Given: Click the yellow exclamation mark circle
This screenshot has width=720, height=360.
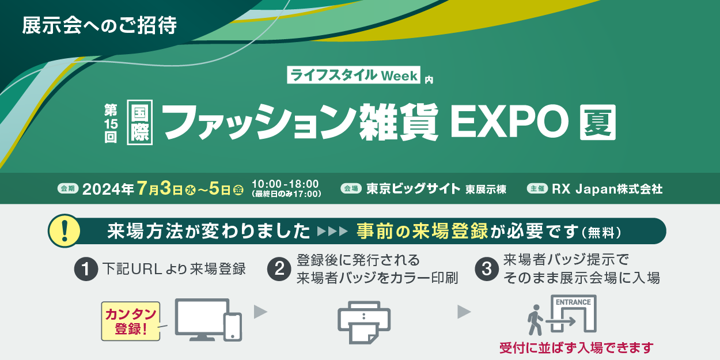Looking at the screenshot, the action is (65, 231).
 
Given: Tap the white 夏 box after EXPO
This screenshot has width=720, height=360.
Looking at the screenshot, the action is (597, 123).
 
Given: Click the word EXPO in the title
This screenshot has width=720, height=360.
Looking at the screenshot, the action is (509, 123).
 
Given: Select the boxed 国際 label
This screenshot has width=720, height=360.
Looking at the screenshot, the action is (140, 123).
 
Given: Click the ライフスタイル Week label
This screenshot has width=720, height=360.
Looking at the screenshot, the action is (354, 75).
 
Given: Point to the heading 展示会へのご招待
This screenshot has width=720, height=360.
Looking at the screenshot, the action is (99, 25).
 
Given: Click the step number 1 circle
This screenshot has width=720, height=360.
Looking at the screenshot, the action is (86, 269).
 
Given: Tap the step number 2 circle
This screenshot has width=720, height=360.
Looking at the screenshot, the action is (279, 269).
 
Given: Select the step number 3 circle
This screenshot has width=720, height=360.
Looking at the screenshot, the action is (487, 269).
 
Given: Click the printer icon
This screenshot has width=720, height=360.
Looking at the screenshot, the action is (364, 323).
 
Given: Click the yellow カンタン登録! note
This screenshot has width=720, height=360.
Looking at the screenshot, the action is (131, 321).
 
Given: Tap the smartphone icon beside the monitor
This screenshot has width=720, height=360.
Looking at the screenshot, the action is (233, 327).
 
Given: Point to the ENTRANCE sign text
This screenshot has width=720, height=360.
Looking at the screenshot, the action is (573, 302).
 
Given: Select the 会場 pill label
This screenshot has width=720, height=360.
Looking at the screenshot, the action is (351, 188).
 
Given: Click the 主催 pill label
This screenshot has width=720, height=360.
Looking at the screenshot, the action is (537, 188).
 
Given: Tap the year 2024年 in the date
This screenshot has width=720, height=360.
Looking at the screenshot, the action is (108, 189).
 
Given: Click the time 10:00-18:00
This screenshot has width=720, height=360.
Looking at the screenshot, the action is (285, 184).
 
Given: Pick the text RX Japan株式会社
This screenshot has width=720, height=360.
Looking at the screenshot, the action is (607, 189).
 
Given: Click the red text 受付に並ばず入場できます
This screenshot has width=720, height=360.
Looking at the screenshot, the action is (577, 348).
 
